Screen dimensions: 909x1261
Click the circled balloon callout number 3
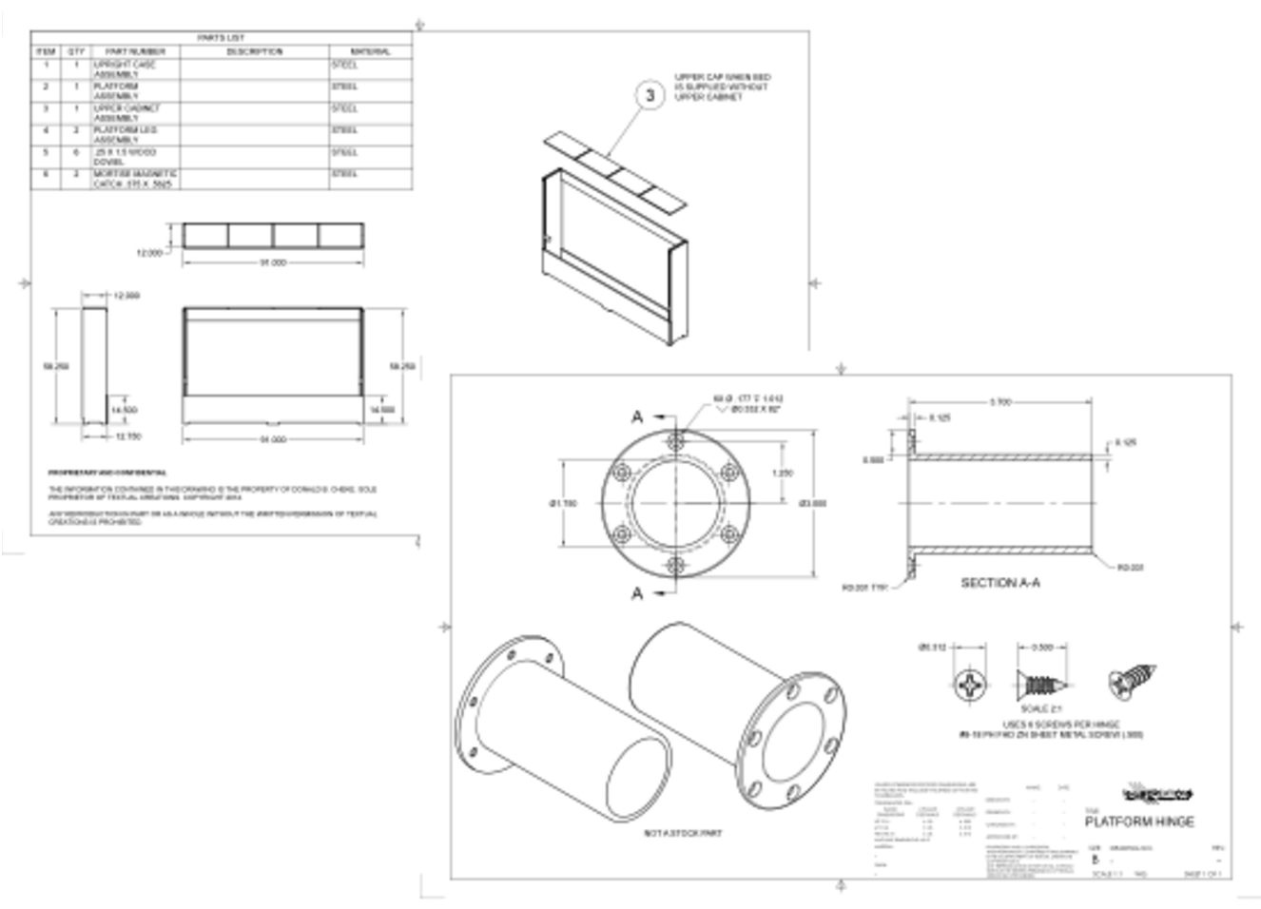650,95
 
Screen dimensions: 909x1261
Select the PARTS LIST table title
221,37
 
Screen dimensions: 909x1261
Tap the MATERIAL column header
370,51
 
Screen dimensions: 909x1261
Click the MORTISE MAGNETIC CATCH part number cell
135,179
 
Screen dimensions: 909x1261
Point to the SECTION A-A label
999,582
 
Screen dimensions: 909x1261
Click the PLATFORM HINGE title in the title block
1139,822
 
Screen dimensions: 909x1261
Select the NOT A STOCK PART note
683,833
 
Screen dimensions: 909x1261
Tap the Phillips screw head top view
969,685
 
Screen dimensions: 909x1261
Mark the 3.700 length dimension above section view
999,402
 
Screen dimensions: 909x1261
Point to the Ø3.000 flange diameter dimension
813,503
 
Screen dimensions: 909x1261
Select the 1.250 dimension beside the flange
782,473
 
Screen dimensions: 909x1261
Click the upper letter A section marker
637,416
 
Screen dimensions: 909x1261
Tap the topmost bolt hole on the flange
676,440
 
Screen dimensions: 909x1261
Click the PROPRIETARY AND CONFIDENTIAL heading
107,472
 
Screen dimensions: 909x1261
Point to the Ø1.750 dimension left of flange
563,503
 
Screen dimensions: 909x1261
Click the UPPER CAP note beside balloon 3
723,87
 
